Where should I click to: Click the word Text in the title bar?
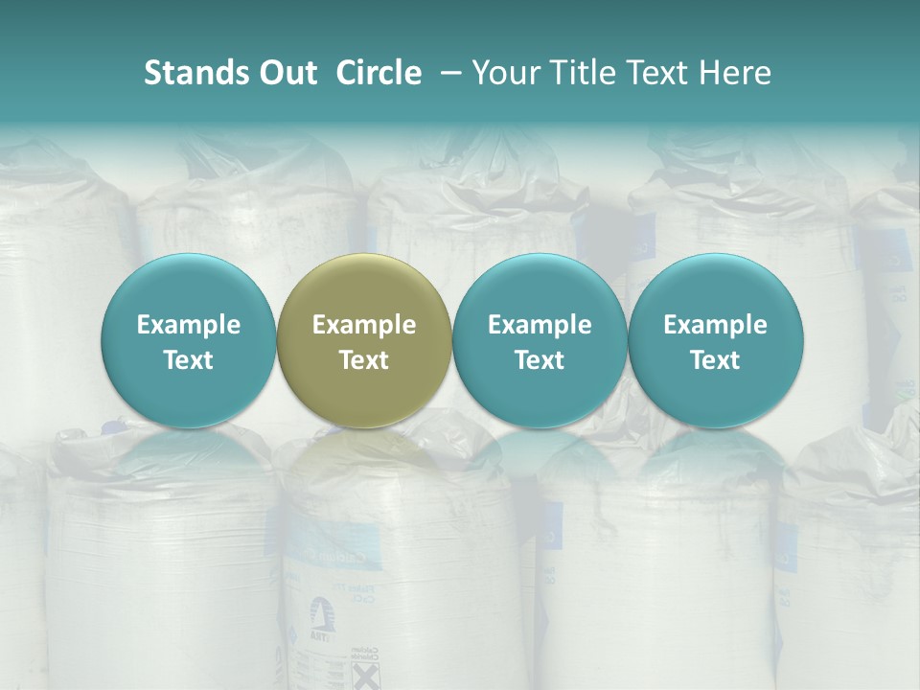(x=653, y=73)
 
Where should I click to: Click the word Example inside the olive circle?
(x=364, y=326)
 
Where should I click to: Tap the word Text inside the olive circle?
(x=364, y=361)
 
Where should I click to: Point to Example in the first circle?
(x=189, y=326)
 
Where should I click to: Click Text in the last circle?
(x=715, y=361)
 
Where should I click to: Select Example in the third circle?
(x=540, y=326)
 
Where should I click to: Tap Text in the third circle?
(x=540, y=361)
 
